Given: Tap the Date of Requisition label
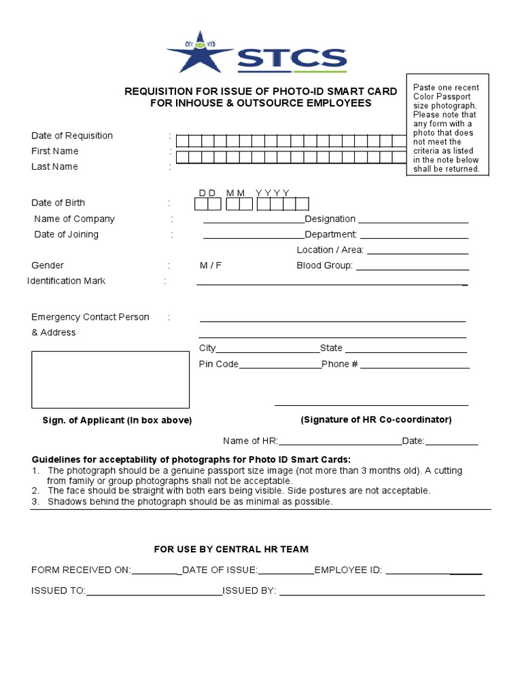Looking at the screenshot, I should click(72, 136).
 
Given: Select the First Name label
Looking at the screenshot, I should click(55, 151).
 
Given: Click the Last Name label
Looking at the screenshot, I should click(54, 167).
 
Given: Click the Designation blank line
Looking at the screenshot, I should click(413, 221).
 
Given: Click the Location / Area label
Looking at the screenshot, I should click(330, 250).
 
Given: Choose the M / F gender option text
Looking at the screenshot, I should click(210, 265).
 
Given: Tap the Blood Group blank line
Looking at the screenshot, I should click(412, 268).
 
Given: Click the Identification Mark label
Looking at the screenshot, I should click(66, 281).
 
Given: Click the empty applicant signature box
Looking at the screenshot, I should click(110, 379).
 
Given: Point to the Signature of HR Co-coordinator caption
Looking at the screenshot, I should click(376, 419).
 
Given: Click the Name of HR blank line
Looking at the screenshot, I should click(341, 444).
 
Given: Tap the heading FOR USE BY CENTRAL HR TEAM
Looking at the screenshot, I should click(231, 549).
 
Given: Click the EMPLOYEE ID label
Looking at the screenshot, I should click(348, 570).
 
